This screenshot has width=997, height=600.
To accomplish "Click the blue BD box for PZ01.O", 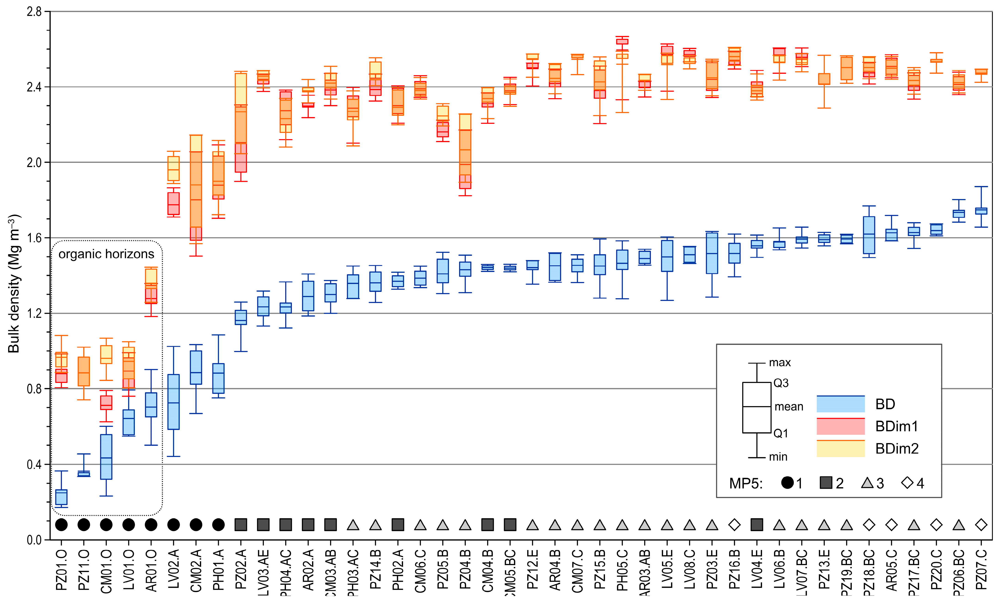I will [61, 497].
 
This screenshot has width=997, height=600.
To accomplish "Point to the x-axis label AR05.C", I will [892, 570].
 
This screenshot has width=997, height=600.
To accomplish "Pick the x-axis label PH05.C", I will [622, 570].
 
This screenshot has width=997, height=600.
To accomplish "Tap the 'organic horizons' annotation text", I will [106, 254].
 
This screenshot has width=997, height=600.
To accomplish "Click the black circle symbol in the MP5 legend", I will [787, 483].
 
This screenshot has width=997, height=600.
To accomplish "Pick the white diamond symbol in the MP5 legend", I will [907, 483].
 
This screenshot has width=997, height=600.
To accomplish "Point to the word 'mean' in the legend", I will [789, 407].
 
